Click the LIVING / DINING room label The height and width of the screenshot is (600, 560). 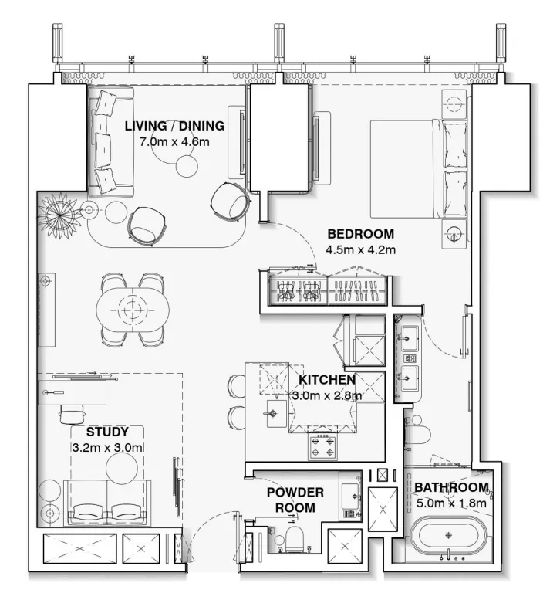tap(174, 126)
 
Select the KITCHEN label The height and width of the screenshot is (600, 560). tap(327, 380)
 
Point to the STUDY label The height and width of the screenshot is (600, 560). tap(107, 432)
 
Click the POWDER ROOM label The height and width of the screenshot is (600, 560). tap(295, 500)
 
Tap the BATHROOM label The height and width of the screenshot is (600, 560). tap(451, 487)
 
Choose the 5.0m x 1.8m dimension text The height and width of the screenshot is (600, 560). tap(451, 503)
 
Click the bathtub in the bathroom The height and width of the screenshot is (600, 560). tap(448, 538)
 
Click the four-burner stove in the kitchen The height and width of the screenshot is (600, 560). tap(322, 446)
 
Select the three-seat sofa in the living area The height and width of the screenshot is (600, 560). tap(110, 142)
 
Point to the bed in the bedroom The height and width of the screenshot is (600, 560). tap(419, 169)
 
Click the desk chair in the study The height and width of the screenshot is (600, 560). tap(72, 414)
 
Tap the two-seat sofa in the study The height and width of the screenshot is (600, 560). tap(107, 502)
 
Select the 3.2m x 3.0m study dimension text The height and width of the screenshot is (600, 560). tap(107, 447)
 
